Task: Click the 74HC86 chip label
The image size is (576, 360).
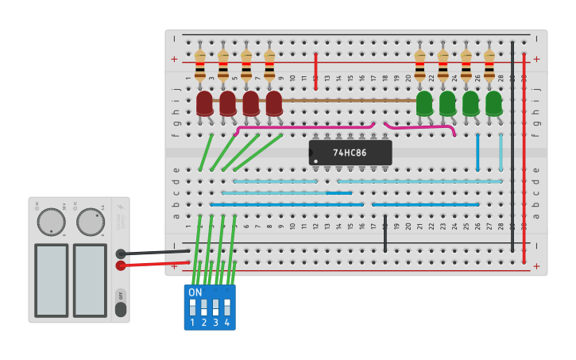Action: (x=350, y=153)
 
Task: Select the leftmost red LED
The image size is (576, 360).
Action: (x=204, y=103)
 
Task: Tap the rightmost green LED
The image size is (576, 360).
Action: (x=493, y=103)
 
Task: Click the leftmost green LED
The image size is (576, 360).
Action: (x=424, y=103)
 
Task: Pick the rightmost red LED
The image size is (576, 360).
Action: (x=273, y=103)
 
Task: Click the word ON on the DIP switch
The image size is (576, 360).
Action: (x=195, y=292)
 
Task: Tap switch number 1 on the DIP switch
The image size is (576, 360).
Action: (x=193, y=308)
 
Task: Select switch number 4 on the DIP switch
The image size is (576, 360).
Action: (x=227, y=308)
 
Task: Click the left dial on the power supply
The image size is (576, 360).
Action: (x=52, y=222)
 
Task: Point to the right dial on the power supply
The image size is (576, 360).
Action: (x=90, y=222)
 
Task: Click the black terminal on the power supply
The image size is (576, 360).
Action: (x=121, y=254)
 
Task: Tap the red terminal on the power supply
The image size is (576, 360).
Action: (x=121, y=265)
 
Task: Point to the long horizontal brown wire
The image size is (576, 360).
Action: (x=350, y=101)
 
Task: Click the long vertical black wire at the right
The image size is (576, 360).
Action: (x=512, y=143)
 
